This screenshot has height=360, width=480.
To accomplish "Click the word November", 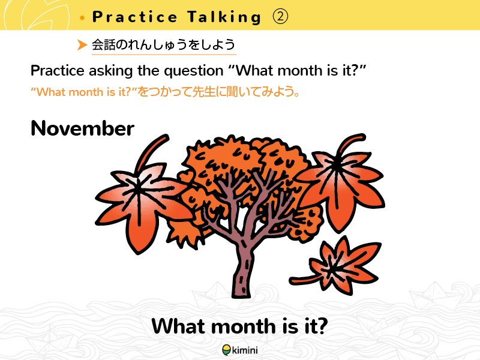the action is point(82,128).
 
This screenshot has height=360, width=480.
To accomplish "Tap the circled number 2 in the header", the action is point(280,17).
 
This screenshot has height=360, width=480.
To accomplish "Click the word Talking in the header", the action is point(224,17).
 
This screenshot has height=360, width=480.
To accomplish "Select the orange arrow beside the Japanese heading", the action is point(82,44).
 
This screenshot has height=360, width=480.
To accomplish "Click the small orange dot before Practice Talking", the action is point(82,18).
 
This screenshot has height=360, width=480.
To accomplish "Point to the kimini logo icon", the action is point(227,350).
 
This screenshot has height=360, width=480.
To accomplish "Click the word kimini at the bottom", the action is point(245,350).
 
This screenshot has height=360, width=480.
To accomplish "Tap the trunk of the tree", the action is point(242,269).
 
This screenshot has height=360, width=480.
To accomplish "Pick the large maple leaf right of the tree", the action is point(340,184).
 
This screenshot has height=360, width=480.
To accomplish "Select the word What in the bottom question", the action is point(179,326).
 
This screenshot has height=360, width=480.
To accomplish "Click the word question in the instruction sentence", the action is point(193,71).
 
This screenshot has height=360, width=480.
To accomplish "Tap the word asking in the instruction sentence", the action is point(110,71).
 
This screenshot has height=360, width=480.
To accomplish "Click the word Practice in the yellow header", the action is point(134,17).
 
